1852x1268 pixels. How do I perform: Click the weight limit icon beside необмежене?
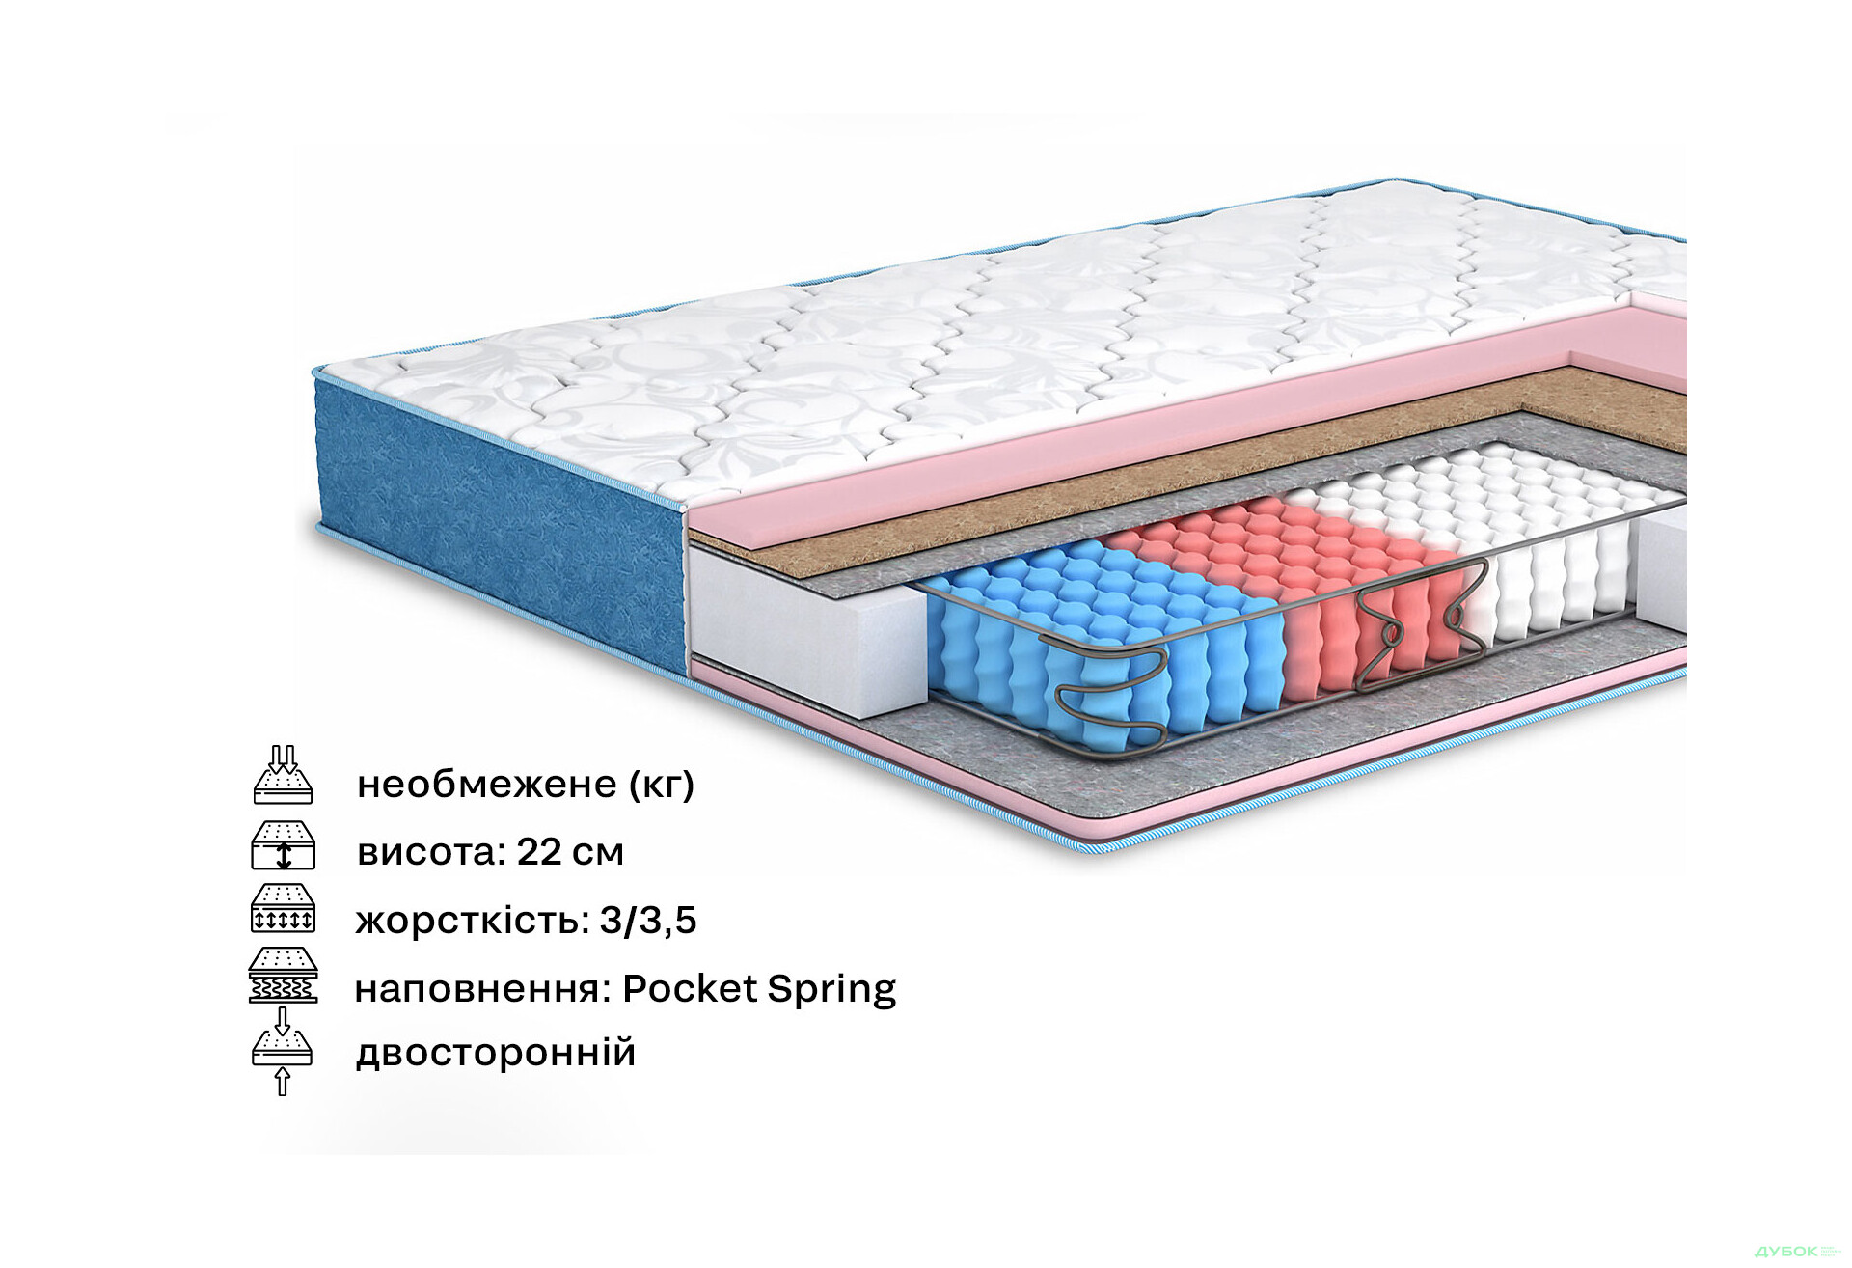283,776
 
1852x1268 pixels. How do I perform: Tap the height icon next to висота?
283,845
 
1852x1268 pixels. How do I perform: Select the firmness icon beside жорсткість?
283,909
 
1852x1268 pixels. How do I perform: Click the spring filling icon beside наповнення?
283,976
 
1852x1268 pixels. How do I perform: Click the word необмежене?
487,785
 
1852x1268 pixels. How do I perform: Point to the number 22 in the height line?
538,852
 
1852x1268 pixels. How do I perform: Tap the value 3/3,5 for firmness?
648,921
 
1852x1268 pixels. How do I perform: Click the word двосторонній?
496,1053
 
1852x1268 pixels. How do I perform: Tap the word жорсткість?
471,921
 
